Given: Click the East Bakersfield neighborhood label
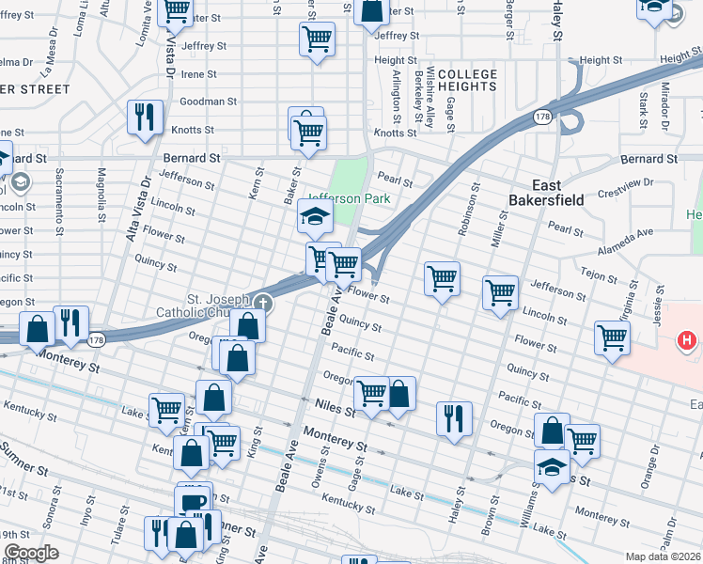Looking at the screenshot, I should point(546,192).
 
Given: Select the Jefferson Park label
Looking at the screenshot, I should point(348,198).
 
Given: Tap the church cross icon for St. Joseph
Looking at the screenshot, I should point(262,303).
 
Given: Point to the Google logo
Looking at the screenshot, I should point(30,553).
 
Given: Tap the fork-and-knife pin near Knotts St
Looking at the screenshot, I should point(145,117).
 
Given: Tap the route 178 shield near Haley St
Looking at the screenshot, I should point(541,117).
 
